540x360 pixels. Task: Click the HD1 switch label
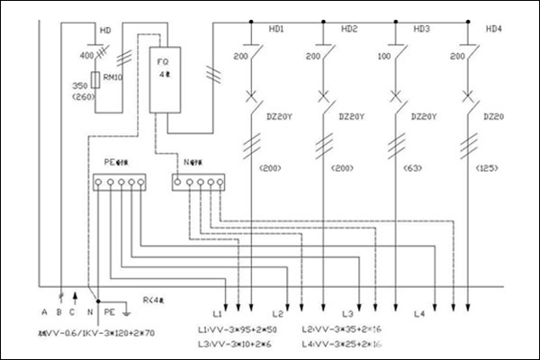pyautogui.click(x=276, y=30)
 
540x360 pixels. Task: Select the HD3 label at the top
pyautogui.click(x=420, y=30)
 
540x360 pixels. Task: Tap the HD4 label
pyautogui.click(x=493, y=30)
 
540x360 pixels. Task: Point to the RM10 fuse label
pyautogui.click(x=114, y=77)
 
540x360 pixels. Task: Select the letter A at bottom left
pyautogui.click(x=43, y=312)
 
